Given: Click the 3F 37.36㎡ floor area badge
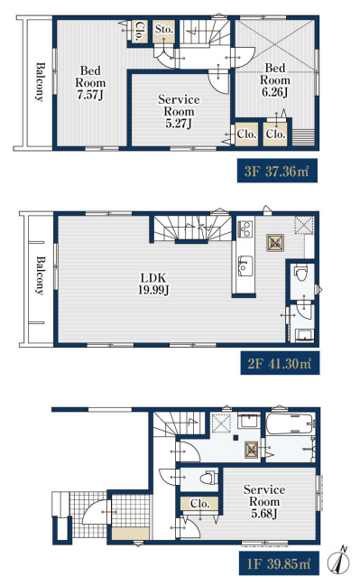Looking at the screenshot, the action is click(x=277, y=171).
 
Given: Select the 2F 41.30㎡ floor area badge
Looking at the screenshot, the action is click(x=280, y=363).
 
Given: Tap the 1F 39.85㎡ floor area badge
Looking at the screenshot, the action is click(x=279, y=563).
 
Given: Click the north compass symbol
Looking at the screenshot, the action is click(x=338, y=561).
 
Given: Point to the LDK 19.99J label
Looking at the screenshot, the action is click(x=153, y=284).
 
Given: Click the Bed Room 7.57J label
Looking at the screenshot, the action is click(x=90, y=82).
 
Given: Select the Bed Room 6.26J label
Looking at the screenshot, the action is click(x=275, y=80).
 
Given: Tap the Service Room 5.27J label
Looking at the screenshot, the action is click(x=179, y=111).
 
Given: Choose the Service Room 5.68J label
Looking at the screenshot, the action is click(x=264, y=501).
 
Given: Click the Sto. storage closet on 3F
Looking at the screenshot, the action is click(x=163, y=31).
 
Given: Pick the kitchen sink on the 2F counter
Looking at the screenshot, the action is click(x=245, y=266).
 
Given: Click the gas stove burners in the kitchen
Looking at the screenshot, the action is click(x=245, y=228).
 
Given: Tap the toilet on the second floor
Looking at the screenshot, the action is click(x=300, y=273).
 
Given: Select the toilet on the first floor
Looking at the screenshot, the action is click(x=209, y=479).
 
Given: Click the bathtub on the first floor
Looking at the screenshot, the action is click(x=291, y=423).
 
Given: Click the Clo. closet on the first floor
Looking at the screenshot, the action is click(x=199, y=504).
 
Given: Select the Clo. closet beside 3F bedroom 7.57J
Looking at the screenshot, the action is click(x=140, y=31).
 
